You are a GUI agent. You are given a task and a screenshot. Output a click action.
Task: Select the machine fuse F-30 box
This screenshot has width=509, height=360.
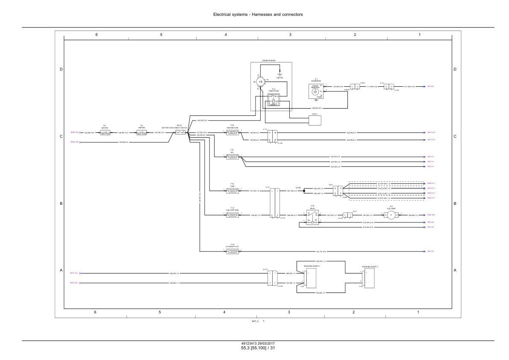pyautogui.click(x=232, y=133)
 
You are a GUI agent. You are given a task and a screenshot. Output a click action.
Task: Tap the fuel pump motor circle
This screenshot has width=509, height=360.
pyautogui.click(x=391, y=215)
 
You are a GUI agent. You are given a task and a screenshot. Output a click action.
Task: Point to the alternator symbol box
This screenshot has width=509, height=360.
pyautogui.click(x=315, y=91)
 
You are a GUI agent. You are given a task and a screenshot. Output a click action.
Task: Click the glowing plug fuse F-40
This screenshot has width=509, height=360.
pyautogui.click(x=232, y=251)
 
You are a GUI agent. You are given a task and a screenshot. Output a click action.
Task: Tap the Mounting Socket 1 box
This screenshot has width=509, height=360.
pyautogui.click(x=311, y=278)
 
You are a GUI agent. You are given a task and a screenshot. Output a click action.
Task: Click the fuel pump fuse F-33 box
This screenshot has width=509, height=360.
pyautogui.click(x=232, y=215)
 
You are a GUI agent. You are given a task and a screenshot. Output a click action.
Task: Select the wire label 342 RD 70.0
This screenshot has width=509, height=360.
pyautogui.click(x=202, y=121)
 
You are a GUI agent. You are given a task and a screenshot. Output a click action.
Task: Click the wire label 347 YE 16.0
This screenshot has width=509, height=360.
pyautogui.click(x=321, y=251)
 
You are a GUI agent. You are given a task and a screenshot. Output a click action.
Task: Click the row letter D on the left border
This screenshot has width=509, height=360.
pyautogui.click(x=61, y=69)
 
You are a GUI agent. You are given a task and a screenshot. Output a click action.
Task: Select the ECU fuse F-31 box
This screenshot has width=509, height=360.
pyautogui.click(x=232, y=157)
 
